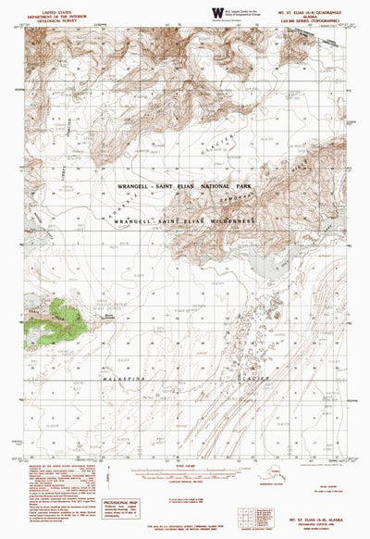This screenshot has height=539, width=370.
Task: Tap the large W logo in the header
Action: point(217,12)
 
